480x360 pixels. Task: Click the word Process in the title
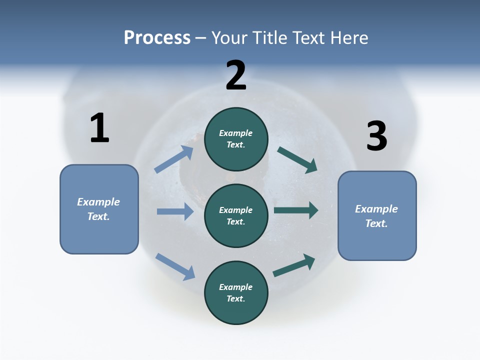click(x=157, y=38)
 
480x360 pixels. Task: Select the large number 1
click(x=99, y=128)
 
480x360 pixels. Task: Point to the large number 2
click(x=236, y=75)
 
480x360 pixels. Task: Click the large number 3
click(x=376, y=136)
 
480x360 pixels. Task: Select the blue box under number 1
click(x=99, y=209)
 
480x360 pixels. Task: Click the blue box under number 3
click(x=377, y=215)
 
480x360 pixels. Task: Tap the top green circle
click(x=236, y=139)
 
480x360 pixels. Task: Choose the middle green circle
click(x=236, y=215)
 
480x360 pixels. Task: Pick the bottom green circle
click(x=236, y=292)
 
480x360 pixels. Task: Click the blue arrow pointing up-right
click(x=174, y=159)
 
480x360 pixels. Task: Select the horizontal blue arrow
click(x=175, y=211)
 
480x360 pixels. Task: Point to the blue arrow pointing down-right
click(x=175, y=266)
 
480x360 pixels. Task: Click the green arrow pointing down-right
click(x=297, y=160)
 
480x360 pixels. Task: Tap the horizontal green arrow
click(x=296, y=210)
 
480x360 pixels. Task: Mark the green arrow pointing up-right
click(x=294, y=265)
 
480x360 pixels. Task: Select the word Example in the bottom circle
click(x=236, y=287)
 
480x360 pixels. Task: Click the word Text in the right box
click(x=376, y=223)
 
